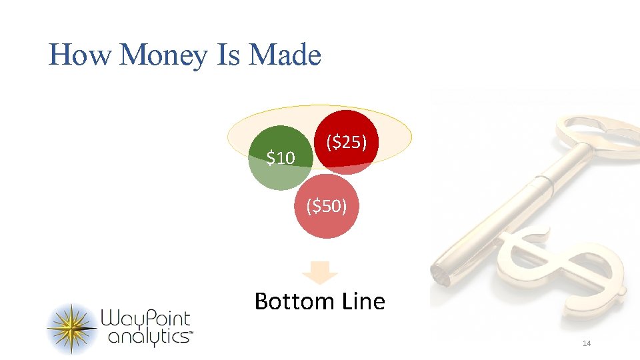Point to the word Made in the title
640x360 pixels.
point(285,55)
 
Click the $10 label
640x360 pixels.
point(280,158)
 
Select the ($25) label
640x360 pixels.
point(346,141)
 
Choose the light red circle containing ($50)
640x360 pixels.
point(326,217)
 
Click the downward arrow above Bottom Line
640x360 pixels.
point(321,272)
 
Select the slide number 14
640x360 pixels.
point(587,343)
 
